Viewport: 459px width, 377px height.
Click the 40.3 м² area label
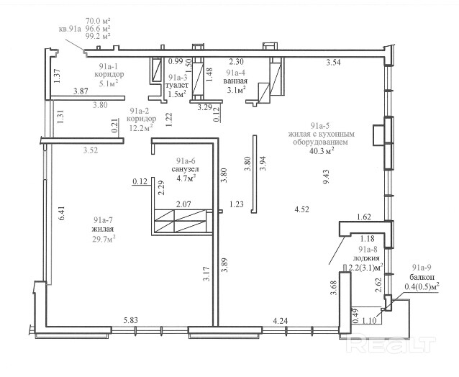point(322,150)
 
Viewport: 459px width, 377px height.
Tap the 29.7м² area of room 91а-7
point(104,239)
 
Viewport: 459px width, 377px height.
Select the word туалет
point(177,86)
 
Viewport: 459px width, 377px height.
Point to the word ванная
point(235,81)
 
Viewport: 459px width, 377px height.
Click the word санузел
point(185,169)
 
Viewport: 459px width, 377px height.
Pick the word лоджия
point(366,258)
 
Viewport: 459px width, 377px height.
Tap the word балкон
point(422,277)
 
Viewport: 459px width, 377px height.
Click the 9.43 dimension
point(326,176)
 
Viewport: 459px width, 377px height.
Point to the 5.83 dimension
point(130,320)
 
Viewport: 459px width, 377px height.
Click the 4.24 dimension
point(280,321)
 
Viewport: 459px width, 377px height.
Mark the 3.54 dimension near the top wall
point(333,62)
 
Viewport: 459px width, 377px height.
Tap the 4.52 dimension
point(302,209)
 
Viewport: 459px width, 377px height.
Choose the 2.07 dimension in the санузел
point(183,204)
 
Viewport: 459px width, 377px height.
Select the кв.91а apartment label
point(70,29)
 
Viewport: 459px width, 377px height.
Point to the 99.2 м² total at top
point(98,36)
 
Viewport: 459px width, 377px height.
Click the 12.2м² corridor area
point(142,127)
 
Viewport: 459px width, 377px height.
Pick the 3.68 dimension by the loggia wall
point(334,288)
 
